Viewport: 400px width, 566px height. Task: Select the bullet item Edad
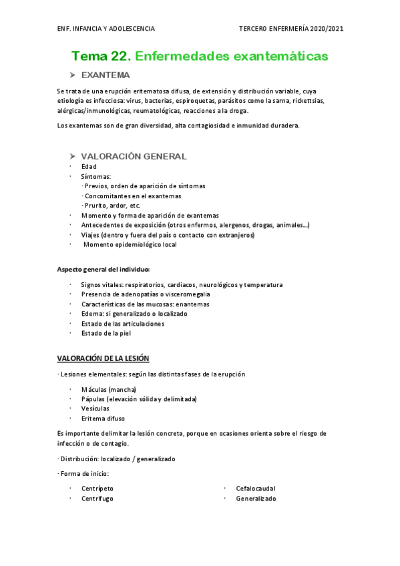[x=89, y=167]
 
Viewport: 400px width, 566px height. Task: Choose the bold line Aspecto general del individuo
[x=104, y=269]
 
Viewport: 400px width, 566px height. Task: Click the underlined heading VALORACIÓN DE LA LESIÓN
[x=104, y=358]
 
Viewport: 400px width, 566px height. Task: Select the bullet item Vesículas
[x=95, y=408]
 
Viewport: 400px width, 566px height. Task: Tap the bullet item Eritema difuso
[x=103, y=418]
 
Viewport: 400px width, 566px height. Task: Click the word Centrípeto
[x=97, y=489]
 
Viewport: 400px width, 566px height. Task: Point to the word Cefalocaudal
[x=256, y=489]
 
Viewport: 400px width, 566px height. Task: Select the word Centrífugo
[x=97, y=499]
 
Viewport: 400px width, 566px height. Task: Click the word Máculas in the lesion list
[x=94, y=389]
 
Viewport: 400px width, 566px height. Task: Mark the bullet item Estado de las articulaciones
[x=123, y=324]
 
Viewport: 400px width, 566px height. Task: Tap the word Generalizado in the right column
[x=256, y=499]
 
